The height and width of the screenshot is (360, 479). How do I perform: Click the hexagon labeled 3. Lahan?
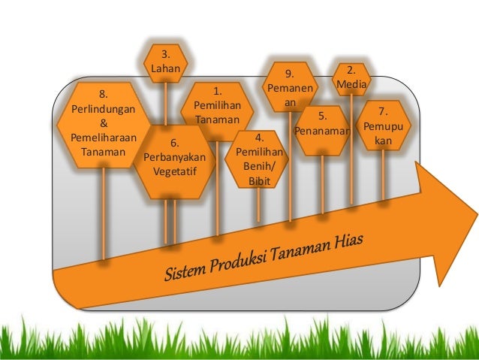[x=165, y=62]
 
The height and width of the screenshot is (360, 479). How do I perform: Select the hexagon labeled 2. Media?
[x=351, y=79]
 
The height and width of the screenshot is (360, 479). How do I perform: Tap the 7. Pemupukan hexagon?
[x=384, y=129]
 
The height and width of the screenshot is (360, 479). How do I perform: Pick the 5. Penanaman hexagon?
[x=322, y=125]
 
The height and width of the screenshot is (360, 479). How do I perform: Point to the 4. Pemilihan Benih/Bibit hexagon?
[x=258, y=159]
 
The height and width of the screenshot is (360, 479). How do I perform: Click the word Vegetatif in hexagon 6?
[x=174, y=170]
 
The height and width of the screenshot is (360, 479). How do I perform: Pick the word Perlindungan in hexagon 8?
[x=103, y=108]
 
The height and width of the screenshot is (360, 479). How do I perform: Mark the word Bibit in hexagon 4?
[x=258, y=180]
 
